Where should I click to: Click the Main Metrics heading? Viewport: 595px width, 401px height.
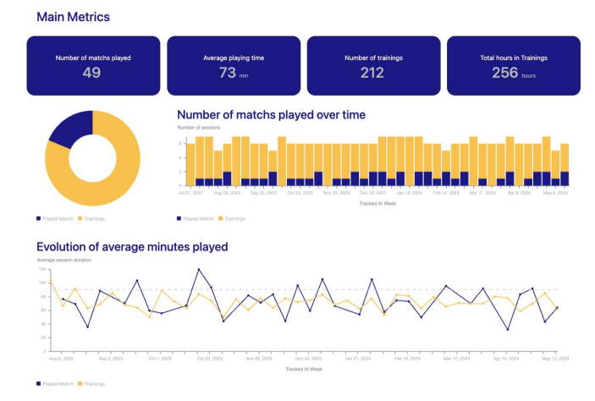point(73,16)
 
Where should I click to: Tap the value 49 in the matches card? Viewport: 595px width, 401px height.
point(92,73)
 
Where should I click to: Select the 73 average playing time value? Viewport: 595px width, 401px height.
point(228,73)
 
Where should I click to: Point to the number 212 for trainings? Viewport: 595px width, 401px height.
point(372,73)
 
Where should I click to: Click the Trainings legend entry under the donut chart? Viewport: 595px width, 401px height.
point(93,218)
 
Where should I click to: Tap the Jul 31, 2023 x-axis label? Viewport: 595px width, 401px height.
point(190,192)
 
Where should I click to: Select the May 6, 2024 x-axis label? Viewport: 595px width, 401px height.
point(554,192)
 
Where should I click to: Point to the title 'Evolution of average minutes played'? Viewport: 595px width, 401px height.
point(132,247)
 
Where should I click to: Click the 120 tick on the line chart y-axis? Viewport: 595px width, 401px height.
point(41,269)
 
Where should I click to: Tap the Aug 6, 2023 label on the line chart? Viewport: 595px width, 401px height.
point(61,359)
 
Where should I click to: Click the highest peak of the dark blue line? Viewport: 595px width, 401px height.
point(199,270)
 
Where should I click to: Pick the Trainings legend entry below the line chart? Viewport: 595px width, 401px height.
point(93,384)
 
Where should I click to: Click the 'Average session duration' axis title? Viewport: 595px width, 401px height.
point(64,260)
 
